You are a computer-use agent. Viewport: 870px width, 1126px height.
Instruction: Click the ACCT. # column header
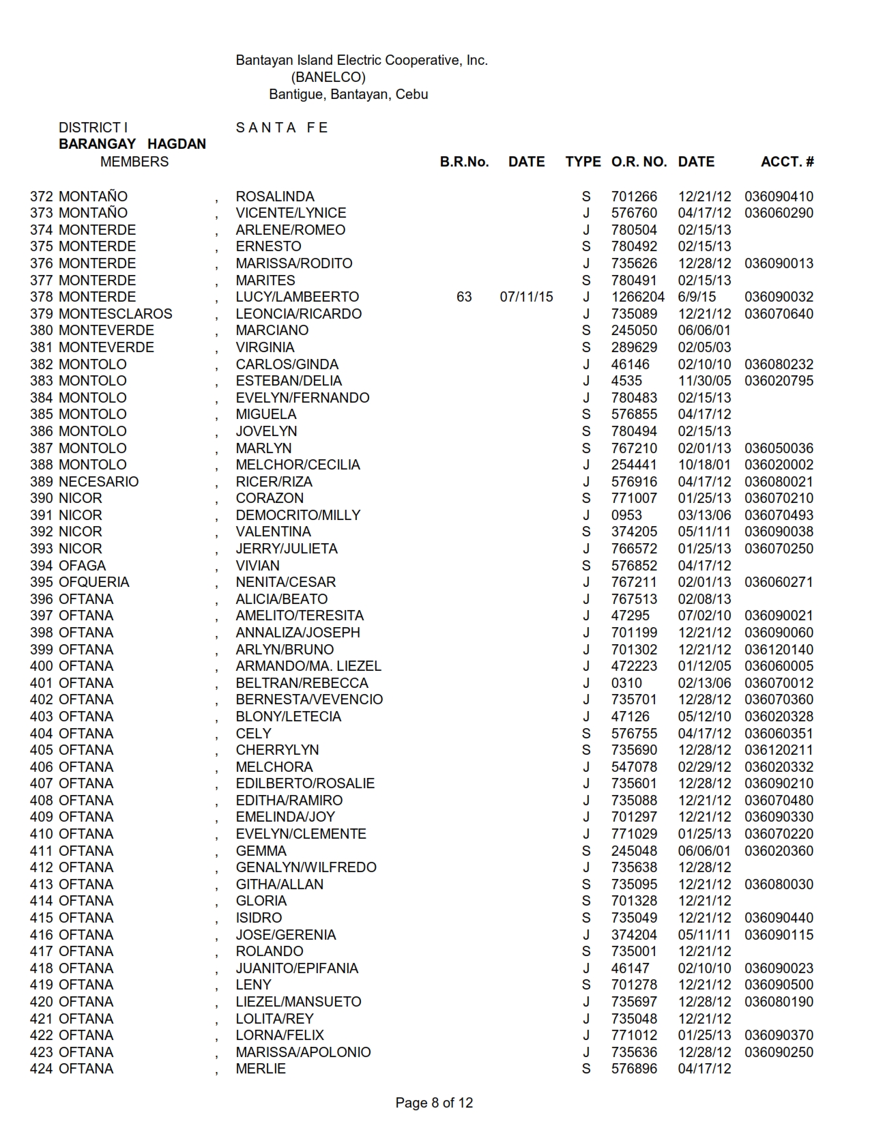click(787, 162)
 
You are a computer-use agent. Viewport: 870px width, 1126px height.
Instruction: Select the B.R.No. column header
click(464, 162)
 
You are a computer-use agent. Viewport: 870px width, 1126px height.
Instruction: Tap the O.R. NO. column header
click(639, 162)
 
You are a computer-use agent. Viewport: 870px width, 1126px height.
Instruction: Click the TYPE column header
click(583, 162)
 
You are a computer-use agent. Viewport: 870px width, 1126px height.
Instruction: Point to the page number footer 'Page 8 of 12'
click(434, 1103)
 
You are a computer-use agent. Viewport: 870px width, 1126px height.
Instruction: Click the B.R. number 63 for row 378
click(464, 297)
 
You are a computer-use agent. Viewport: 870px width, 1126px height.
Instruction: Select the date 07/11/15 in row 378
click(526, 297)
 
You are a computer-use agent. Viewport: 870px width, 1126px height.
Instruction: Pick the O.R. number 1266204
click(637, 297)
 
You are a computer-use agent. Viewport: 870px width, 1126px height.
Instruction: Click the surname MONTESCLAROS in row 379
click(115, 314)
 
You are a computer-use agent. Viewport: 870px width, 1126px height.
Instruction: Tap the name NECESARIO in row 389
click(98, 482)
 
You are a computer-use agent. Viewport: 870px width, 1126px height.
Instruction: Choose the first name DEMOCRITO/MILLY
click(298, 515)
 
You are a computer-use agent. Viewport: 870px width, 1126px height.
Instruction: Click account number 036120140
click(779, 650)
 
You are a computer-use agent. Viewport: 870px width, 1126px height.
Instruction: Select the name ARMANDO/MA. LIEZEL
click(308, 666)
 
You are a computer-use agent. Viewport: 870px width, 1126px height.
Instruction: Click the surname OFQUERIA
click(93, 582)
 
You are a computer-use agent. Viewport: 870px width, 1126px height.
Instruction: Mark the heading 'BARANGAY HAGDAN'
click(132, 144)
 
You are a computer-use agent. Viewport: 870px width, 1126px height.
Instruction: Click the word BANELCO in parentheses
click(328, 77)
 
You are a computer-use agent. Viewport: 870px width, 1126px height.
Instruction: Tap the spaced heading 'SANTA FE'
click(282, 128)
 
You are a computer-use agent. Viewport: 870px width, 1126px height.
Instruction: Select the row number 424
click(42, 1069)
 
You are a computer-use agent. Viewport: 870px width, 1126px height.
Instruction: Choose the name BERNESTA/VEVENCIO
click(309, 699)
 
